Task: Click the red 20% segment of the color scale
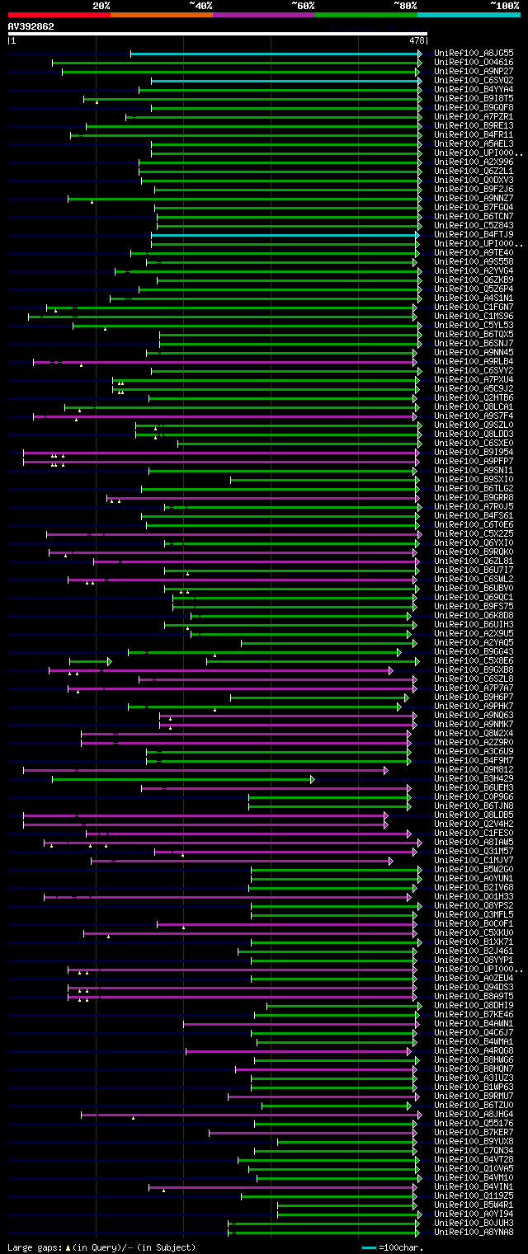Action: [58, 14]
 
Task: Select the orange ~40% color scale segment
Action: [161, 14]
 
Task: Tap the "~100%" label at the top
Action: [504, 5]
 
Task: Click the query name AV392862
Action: [31, 26]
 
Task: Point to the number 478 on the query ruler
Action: [417, 40]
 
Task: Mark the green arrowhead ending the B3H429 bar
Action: [312, 778]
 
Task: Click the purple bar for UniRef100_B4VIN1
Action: [280, 1186]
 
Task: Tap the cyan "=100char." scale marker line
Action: [369, 1247]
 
